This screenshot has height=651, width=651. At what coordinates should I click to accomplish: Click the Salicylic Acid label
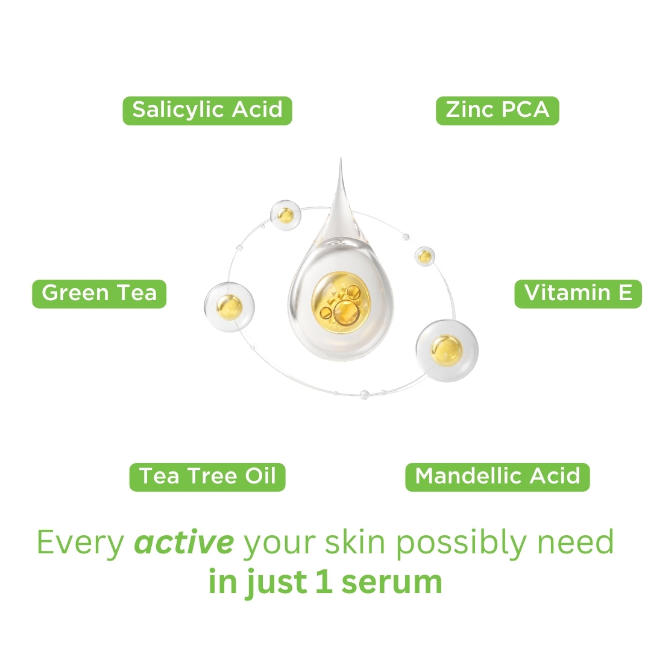point(207,110)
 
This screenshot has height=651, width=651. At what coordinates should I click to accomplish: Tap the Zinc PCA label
point(497,110)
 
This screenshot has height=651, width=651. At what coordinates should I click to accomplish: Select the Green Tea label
point(99,294)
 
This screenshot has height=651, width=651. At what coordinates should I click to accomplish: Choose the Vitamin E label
point(578,294)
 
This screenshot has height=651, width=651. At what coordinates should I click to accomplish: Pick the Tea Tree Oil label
point(207,477)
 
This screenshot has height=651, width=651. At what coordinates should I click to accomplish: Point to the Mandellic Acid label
point(497,477)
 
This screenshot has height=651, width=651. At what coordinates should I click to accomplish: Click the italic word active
point(184,542)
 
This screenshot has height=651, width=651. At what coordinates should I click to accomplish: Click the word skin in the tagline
point(355,542)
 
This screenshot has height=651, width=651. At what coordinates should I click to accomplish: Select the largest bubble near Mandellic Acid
point(447,350)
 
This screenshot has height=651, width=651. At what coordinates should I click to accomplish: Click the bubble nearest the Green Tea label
point(229,307)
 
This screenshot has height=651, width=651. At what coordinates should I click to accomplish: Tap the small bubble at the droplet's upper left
point(286,215)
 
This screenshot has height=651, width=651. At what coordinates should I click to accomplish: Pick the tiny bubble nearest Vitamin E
point(425,256)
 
